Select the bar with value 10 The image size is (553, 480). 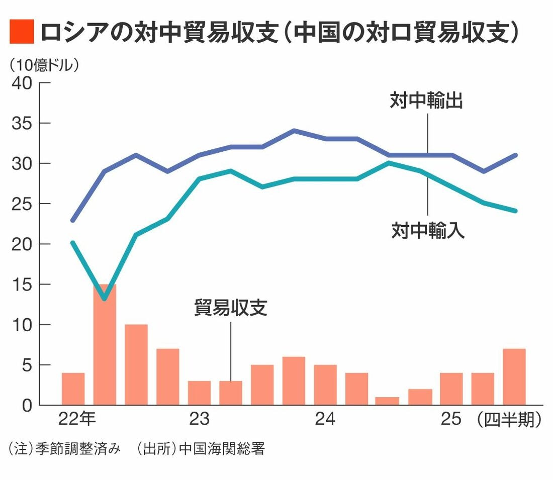tap(136, 364)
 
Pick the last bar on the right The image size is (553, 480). tap(514, 376)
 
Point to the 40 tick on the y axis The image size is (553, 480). tap(25, 83)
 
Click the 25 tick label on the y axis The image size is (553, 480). tap(25, 204)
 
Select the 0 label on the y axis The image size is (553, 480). tap(28, 405)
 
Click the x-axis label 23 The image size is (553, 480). tap(200, 420)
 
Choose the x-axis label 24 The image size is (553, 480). tap(325, 420)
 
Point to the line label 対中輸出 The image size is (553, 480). tap(426, 101)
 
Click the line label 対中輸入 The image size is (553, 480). tap(428, 231)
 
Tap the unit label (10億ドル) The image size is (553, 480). tap(43, 65)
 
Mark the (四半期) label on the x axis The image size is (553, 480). tap(509, 420)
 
